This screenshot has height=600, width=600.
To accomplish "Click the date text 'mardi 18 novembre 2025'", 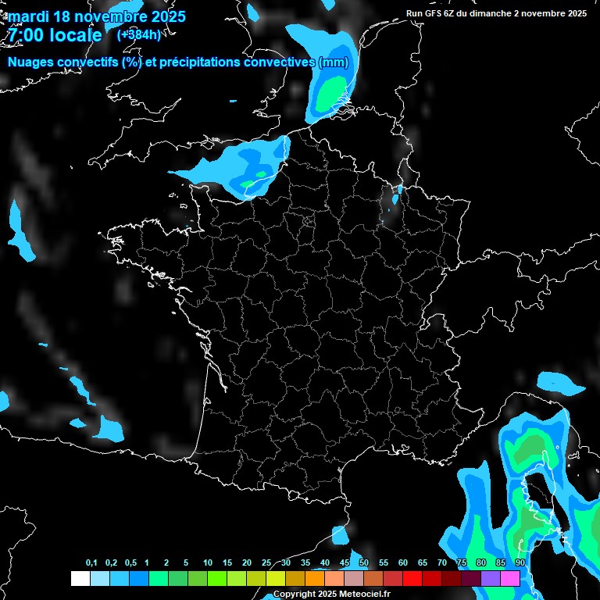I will click(x=97, y=16).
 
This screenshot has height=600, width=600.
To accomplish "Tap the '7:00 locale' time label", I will click(x=54, y=36).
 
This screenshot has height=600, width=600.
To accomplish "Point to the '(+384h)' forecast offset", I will click(x=138, y=35).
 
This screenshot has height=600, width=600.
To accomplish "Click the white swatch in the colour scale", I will click(x=80, y=578).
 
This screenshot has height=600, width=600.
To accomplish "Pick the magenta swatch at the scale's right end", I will click(x=510, y=578).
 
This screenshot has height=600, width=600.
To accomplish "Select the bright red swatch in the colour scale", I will click(x=412, y=578).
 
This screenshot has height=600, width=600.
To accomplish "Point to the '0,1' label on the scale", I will click(x=91, y=563).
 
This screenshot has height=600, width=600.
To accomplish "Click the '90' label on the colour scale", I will click(x=520, y=563).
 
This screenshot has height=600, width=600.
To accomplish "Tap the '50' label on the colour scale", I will click(x=364, y=563).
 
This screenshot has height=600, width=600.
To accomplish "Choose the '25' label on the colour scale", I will click(x=266, y=563).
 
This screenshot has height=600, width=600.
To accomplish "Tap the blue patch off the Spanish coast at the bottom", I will click(x=340, y=535).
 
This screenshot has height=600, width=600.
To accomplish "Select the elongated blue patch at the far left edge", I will click(x=20, y=232).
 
